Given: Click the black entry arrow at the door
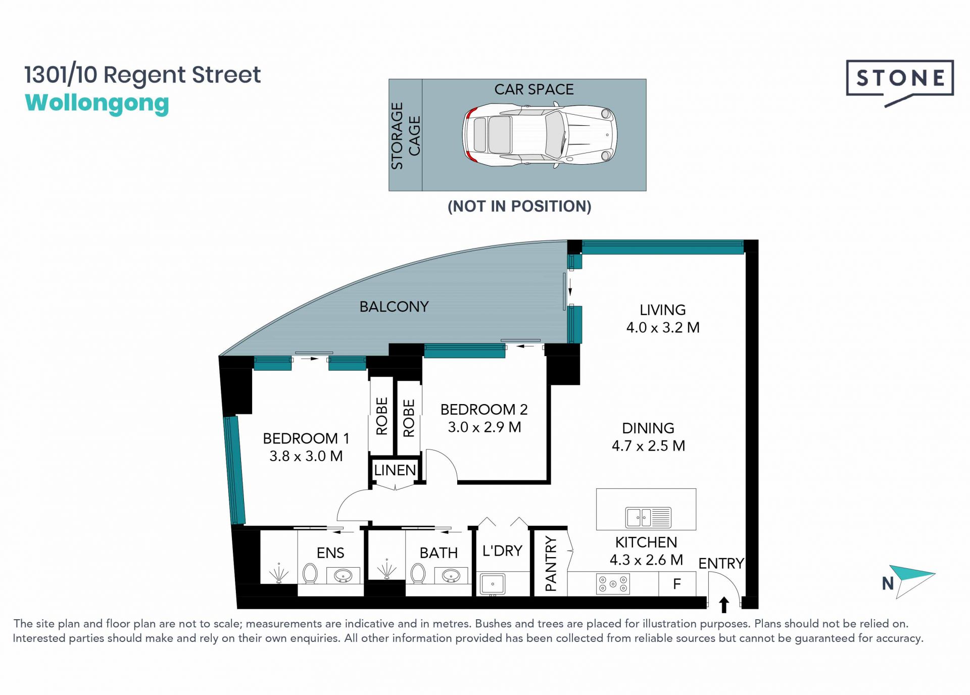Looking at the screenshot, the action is pyautogui.click(x=724, y=605).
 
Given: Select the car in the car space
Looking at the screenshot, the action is pyautogui.click(x=540, y=135).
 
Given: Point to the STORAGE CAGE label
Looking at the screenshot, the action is pyautogui.click(x=405, y=135).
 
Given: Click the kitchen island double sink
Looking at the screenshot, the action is pyautogui.click(x=649, y=517).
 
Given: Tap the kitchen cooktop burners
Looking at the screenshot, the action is pyautogui.click(x=613, y=584).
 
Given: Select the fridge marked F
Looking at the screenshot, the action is pyautogui.click(x=677, y=584).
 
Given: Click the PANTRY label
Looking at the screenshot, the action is pyautogui.click(x=551, y=564).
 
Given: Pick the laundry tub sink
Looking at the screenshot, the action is pyautogui.click(x=492, y=584).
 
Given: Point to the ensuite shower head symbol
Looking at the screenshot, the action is pyautogui.click(x=278, y=573).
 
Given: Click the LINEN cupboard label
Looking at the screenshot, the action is pyautogui.click(x=395, y=470).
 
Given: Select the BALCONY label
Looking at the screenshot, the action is pyautogui.click(x=394, y=307).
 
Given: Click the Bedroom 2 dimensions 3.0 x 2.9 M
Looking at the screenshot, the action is pyautogui.click(x=484, y=427).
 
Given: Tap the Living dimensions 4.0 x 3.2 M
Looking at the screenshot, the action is pyautogui.click(x=663, y=327).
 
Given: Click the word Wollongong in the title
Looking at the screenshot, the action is pyautogui.click(x=97, y=104).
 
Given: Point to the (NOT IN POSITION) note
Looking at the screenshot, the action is pyautogui.click(x=519, y=206).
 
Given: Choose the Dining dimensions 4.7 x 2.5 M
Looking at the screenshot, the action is pyautogui.click(x=649, y=446).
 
